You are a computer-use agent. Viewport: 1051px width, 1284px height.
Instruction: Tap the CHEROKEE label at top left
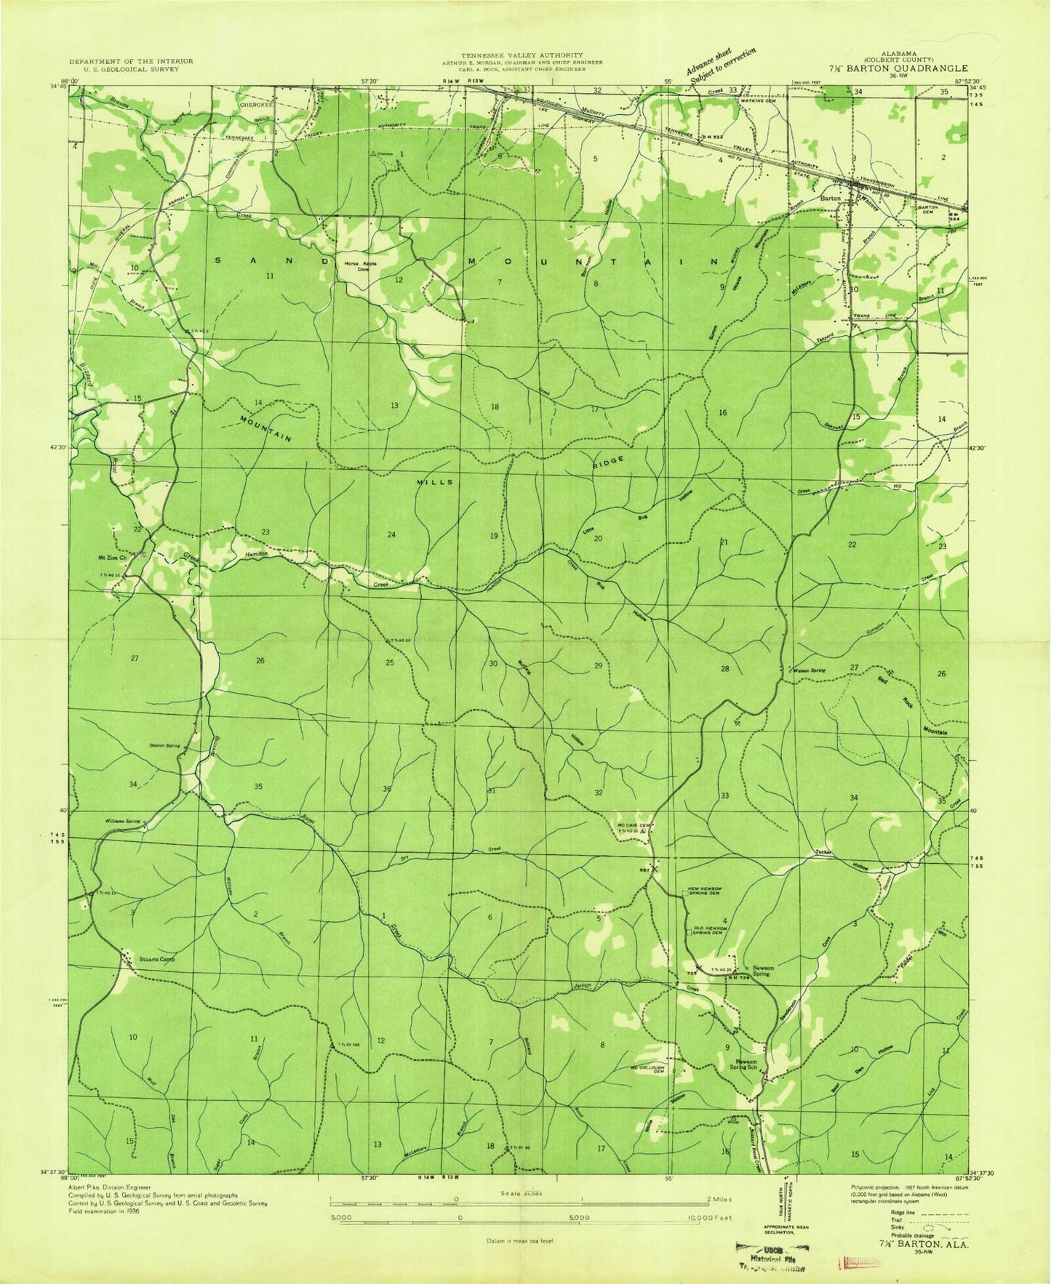pyautogui.click(x=255, y=105)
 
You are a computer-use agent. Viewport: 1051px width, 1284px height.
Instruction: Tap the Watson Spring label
pyautogui.click(x=809, y=669)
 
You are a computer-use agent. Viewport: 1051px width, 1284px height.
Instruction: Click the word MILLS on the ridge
pyautogui.click(x=435, y=482)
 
